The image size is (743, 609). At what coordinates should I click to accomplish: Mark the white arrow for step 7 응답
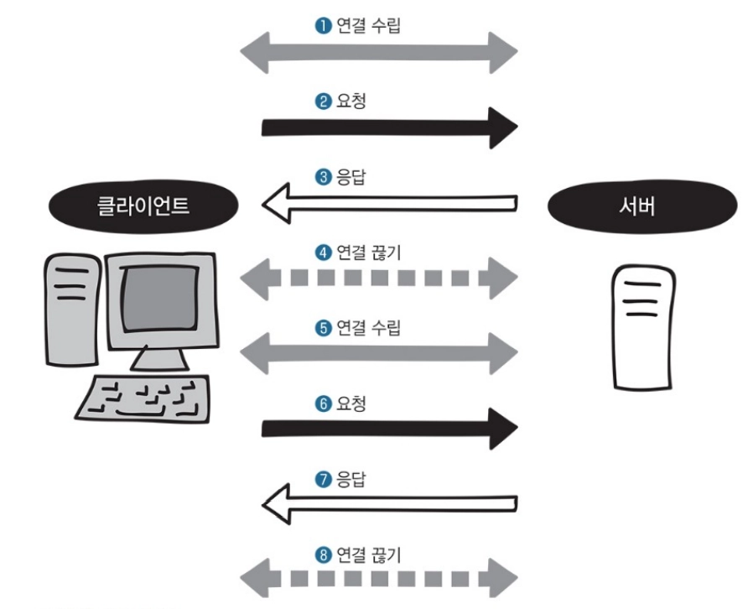click(x=390, y=504)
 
